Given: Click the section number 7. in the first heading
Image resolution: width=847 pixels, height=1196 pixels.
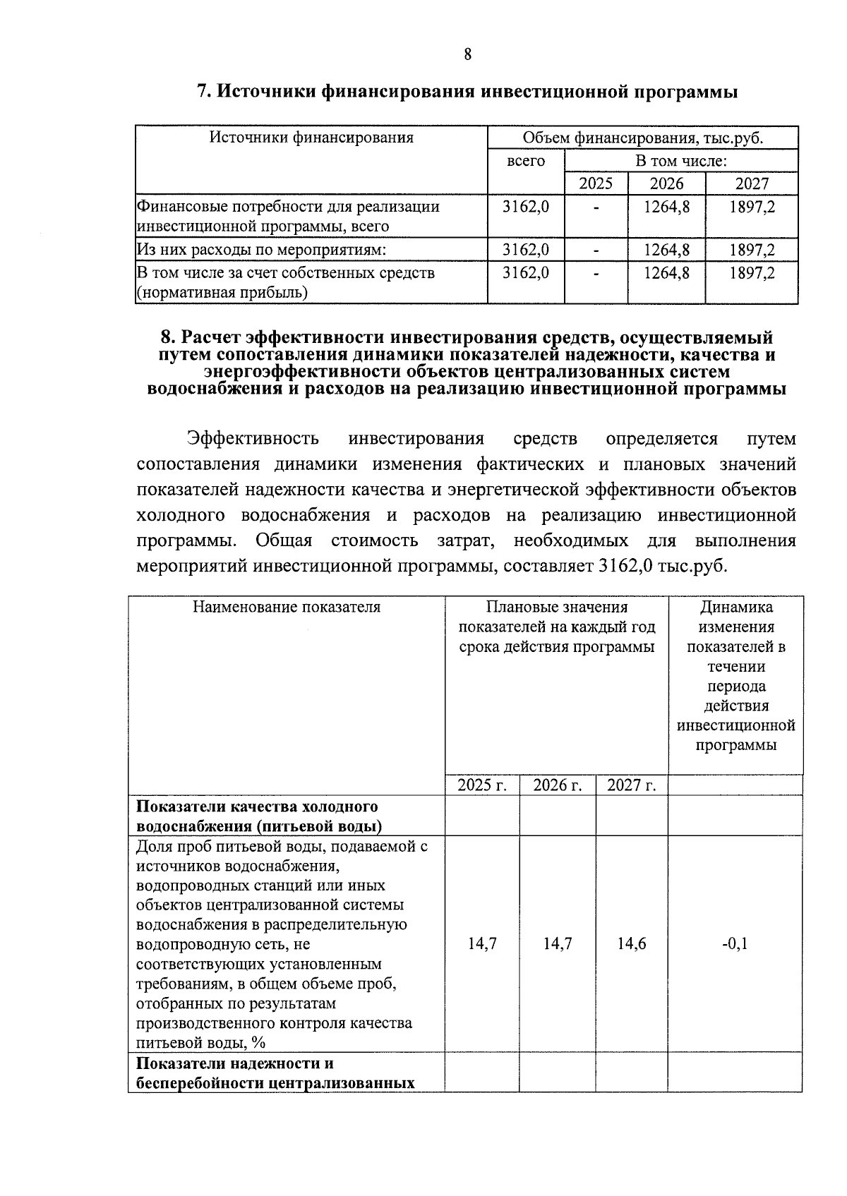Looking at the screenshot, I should (203, 92).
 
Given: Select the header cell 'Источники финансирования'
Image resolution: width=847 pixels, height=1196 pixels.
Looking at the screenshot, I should (311, 138).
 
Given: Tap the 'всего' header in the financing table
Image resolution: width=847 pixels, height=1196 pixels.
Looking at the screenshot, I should (526, 161).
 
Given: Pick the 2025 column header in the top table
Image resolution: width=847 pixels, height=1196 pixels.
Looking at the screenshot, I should (596, 184).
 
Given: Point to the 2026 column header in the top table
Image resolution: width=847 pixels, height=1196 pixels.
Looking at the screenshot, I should (666, 184).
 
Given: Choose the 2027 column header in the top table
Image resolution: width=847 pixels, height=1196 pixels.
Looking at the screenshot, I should (752, 184).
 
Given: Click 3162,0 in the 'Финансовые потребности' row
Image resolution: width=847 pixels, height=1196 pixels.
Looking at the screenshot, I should (526, 207).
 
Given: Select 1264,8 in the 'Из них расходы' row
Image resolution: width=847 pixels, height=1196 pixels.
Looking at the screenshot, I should (666, 250).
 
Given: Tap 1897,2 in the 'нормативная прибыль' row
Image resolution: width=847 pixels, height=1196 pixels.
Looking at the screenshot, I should (752, 272).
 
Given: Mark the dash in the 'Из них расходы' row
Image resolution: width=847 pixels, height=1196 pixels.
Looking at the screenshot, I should (596, 250).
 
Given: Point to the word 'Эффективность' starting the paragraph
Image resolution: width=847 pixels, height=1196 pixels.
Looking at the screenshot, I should (253, 439).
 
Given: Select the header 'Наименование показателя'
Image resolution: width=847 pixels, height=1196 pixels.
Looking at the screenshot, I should (287, 608).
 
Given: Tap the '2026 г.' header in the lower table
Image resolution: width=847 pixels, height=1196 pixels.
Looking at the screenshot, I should (557, 785).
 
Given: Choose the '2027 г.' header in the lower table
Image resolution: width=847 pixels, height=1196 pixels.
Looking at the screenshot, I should (632, 785).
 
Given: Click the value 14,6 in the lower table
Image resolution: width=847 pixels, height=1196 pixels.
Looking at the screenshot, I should (632, 944).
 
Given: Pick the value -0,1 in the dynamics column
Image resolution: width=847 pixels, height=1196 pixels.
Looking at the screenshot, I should (735, 944).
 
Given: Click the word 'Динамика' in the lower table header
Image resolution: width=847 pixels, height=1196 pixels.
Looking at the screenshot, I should (736, 608).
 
